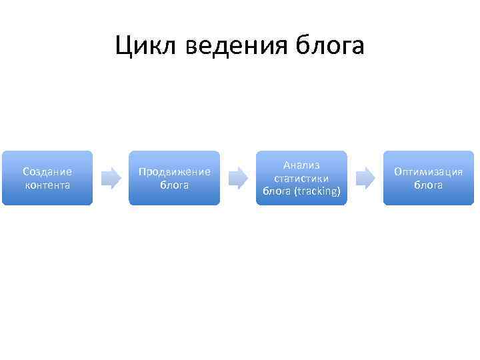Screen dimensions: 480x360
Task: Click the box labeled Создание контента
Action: pos(47,178)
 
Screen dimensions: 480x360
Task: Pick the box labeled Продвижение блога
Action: pos(174,178)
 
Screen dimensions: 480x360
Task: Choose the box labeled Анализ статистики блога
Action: pos(301,178)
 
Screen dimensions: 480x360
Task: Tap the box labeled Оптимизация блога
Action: pos(429,178)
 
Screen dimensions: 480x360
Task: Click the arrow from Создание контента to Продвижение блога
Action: pos(111,177)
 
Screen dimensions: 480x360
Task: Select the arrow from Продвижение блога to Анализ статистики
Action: pos(238,177)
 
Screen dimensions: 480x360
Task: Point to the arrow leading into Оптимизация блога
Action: pos(365,177)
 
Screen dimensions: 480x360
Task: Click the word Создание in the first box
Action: pos(47,172)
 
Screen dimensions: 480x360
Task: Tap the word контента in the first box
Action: pos(47,185)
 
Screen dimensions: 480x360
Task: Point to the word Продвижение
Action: pos(174,172)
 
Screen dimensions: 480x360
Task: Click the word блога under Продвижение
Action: pos(174,185)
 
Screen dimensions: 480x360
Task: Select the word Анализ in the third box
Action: pos(301,165)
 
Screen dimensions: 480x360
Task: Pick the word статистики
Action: pos(301,178)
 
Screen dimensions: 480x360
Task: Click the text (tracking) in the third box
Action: pos(317,191)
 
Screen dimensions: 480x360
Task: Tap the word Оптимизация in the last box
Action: pos(429,172)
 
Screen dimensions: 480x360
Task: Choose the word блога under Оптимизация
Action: pos(429,185)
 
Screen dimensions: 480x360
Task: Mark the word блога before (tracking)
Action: pos(276,191)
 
